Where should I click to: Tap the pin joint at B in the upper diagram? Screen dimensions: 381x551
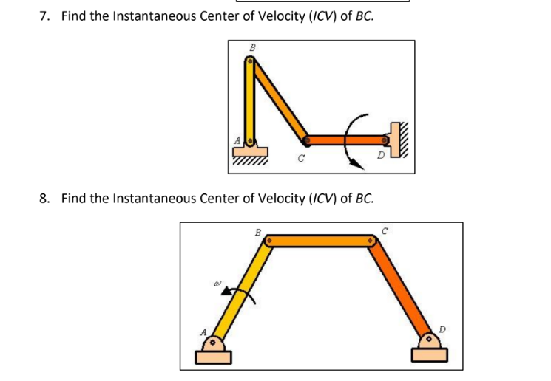coord(251,63)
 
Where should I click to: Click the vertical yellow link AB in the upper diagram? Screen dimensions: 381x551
coord(251,103)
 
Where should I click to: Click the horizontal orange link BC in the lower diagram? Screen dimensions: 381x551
coord(321,241)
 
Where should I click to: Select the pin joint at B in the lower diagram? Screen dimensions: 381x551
coord(271,241)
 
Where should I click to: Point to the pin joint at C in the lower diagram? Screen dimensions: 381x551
coord(371,241)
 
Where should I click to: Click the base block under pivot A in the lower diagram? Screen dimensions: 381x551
coord(214,357)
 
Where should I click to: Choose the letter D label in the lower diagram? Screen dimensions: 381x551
coord(443,327)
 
